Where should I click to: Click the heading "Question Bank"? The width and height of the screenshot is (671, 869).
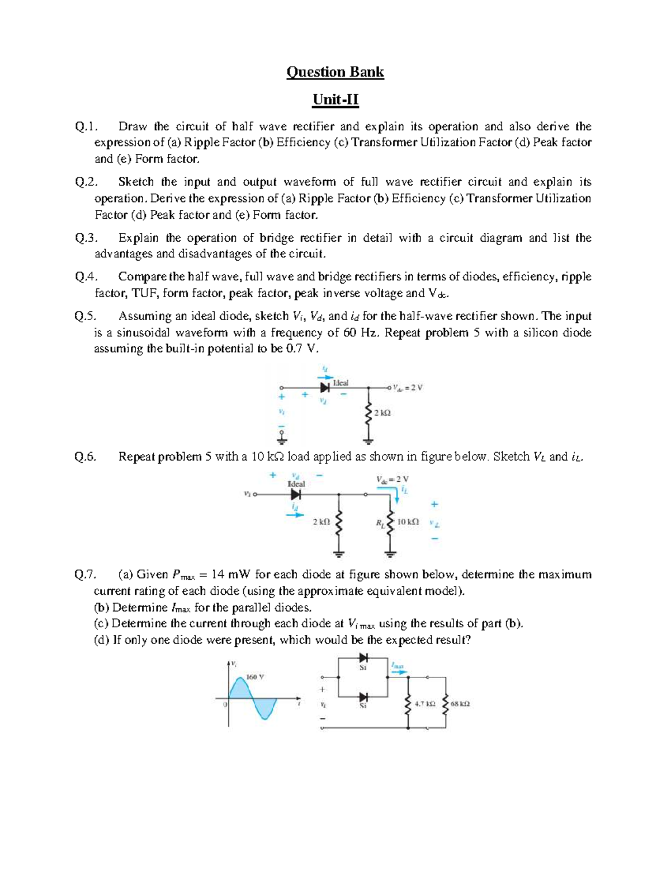tap(335, 72)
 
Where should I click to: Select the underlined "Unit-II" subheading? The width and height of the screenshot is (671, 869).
tap(335, 100)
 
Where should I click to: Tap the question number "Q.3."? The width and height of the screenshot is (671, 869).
tap(86, 238)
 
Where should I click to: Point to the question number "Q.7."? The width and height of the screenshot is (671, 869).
tap(86, 574)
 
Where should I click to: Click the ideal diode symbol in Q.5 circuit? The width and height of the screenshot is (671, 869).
tap(325, 387)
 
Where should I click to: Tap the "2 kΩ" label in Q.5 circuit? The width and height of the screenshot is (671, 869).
tap(382, 413)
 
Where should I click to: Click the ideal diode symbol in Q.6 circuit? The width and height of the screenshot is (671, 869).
tap(296, 495)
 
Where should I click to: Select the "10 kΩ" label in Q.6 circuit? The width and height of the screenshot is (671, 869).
tap(407, 522)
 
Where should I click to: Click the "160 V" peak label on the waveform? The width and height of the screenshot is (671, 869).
tap(255, 677)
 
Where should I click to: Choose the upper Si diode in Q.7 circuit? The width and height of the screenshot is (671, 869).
tap(363, 657)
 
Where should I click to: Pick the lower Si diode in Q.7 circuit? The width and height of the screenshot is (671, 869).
tap(363, 697)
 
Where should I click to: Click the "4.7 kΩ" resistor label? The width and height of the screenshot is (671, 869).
tap(425, 704)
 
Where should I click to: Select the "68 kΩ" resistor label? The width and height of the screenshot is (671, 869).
tap(460, 704)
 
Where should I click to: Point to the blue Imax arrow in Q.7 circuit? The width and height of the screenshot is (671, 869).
tap(398, 672)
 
